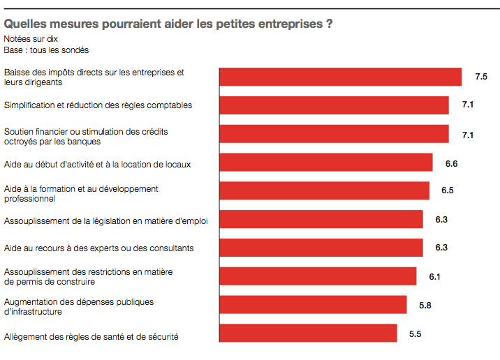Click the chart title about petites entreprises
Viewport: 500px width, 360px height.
(x=168, y=24)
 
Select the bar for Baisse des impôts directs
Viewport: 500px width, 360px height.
(x=340, y=77)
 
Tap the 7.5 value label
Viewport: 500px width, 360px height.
(x=480, y=77)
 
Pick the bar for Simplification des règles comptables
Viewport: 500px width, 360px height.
(x=334, y=105)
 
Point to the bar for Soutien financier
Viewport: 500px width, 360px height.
(x=334, y=134)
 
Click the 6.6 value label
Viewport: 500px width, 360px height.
(x=451, y=164)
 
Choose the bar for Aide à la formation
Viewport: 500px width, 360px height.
(x=324, y=190)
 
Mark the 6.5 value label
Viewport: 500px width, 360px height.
(x=448, y=190)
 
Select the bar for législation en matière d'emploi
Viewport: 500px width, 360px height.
(x=321, y=219)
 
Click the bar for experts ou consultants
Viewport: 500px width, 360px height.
(x=321, y=248)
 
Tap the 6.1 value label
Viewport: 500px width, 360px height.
(x=434, y=277)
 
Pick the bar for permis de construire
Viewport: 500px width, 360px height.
(x=318, y=276)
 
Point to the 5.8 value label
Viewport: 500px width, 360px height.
(x=425, y=306)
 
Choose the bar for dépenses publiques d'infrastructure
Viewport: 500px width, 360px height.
(x=313, y=305)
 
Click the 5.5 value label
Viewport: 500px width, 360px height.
(x=415, y=334)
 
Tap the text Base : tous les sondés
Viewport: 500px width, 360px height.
(x=46, y=50)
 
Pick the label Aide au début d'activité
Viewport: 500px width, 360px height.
(x=97, y=165)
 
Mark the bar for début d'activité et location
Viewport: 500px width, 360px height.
(x=326, y=163)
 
